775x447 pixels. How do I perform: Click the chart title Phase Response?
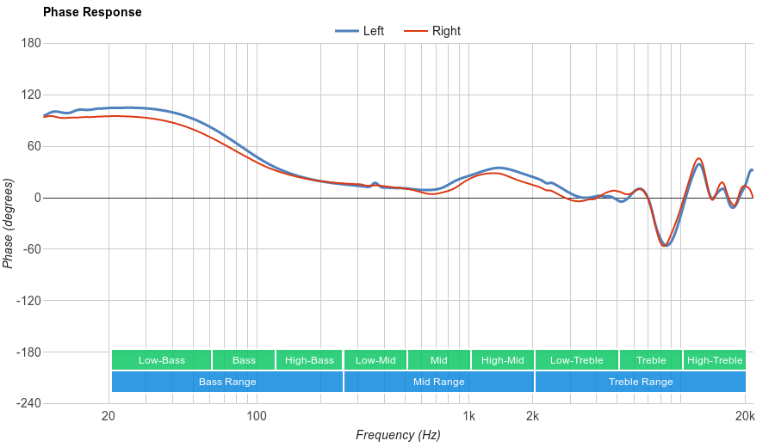[92, 13]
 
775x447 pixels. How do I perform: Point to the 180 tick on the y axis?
[31, 44]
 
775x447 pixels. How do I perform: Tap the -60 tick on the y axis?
[31, 249]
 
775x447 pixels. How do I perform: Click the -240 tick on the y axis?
[28, 404]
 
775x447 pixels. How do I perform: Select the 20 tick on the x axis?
[108, 416]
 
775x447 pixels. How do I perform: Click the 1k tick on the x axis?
[469, 416]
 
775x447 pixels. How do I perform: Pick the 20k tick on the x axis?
[746, 416]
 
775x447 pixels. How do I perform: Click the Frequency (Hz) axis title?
[398, 435]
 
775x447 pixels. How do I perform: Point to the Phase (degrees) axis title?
[9, 223]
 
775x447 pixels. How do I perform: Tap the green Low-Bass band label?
[161, 360]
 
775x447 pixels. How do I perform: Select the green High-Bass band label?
[309, 360]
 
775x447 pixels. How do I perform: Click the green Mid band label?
[439, 360]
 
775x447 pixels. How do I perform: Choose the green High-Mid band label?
[503, 360]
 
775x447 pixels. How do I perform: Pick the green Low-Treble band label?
[576, 360]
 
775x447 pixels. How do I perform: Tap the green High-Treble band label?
[715, 360]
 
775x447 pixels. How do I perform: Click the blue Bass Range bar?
[227, 382]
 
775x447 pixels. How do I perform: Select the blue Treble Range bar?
[641, 382]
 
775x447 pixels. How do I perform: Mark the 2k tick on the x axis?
[533, 416]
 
